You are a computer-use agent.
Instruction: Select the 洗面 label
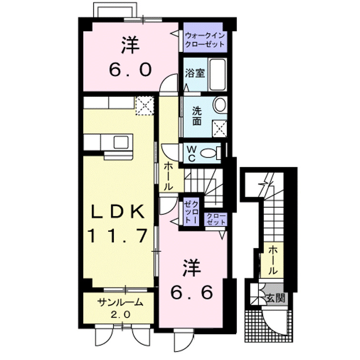pyautogui.click(x=197, y=116)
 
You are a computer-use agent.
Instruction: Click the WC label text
pyautogui.click(x=190, y=153)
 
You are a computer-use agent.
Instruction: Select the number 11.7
pyautogui.click(x=116, y=235)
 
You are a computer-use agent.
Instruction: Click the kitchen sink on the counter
pyautogui.click(x=120, y=141)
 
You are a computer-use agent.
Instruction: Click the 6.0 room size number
pyautogui.click(x=130, y=70)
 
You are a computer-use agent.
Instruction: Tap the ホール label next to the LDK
pyautogui.click(x=169, y=177)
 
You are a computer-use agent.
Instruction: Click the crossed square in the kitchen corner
pyautogui.click(x=144, y=105)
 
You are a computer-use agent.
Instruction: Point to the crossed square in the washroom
pyautogui.click(x=219, y=127)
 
